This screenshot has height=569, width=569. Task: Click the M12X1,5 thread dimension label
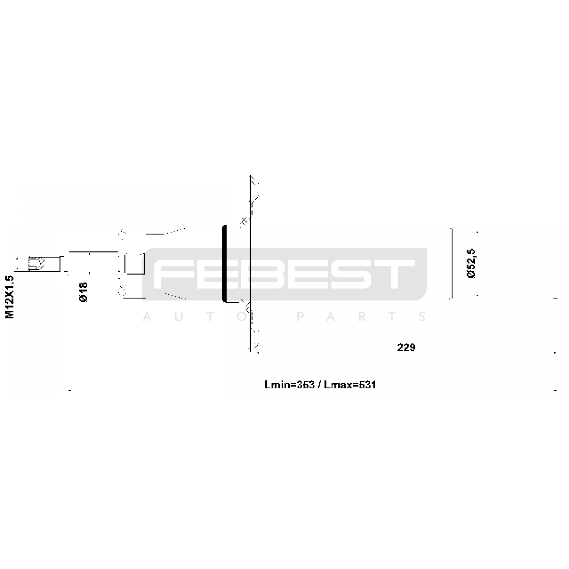click(10, 297)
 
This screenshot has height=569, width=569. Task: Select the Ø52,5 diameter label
click(471, 264)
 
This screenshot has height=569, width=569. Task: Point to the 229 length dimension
click(406, 347)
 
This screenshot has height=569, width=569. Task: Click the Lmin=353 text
click(289, 385)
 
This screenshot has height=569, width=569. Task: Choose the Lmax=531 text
click(350, 385)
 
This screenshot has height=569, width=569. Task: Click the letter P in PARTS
click(301, 317)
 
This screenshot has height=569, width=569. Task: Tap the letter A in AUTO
click(147, 317)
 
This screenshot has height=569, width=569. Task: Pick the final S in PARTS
click(422, 317)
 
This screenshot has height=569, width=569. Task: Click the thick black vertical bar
click(224, 264)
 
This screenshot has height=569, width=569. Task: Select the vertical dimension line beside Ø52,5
click(452, 264)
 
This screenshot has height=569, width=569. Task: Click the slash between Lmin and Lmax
click(319, 385)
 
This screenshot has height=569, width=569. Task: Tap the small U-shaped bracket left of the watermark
click(134, 264)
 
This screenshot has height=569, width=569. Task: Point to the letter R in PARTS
click(362, 317)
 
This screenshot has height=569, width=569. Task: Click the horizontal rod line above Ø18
click(93, 251)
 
